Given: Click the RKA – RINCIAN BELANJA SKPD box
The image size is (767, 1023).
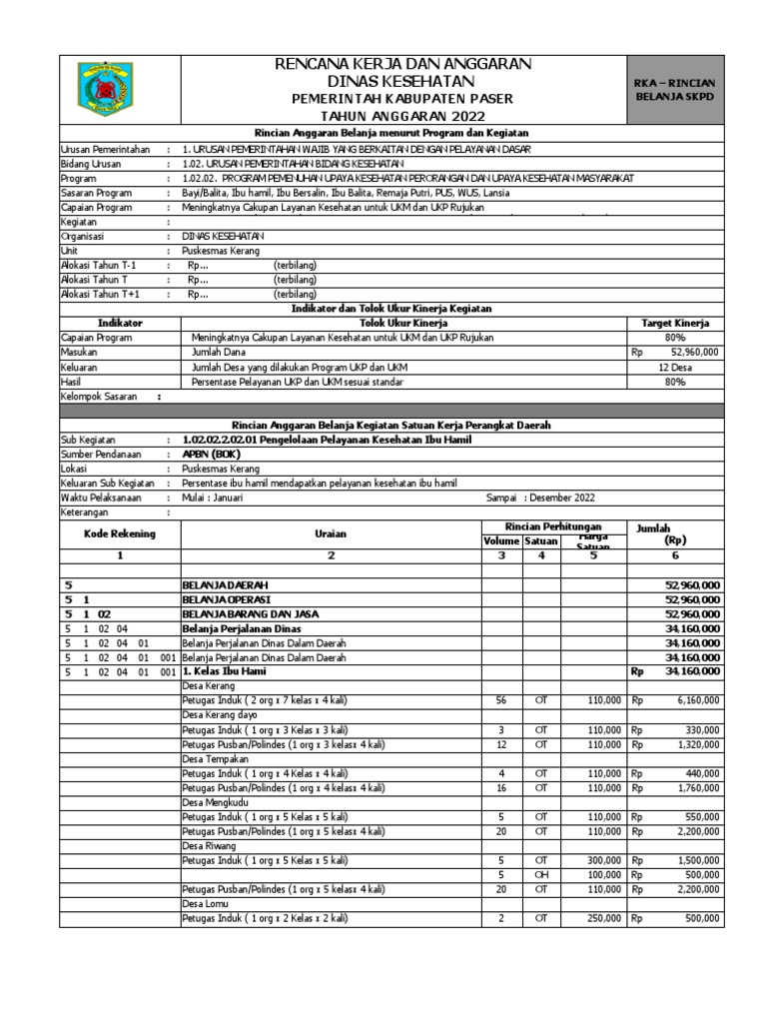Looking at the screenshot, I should (x=674, y=90).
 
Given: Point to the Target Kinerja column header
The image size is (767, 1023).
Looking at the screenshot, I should (x=674, y=324).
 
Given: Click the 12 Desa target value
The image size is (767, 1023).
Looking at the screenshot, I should (x=674, y=367).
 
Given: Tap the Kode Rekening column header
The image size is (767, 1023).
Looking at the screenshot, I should (x=120, y=534).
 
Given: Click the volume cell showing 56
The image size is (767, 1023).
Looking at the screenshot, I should (x=501, y=702).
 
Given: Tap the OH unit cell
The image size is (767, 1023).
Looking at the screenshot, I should (x=541, y=875).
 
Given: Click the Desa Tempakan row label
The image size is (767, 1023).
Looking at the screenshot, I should (x=213, y=759).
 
